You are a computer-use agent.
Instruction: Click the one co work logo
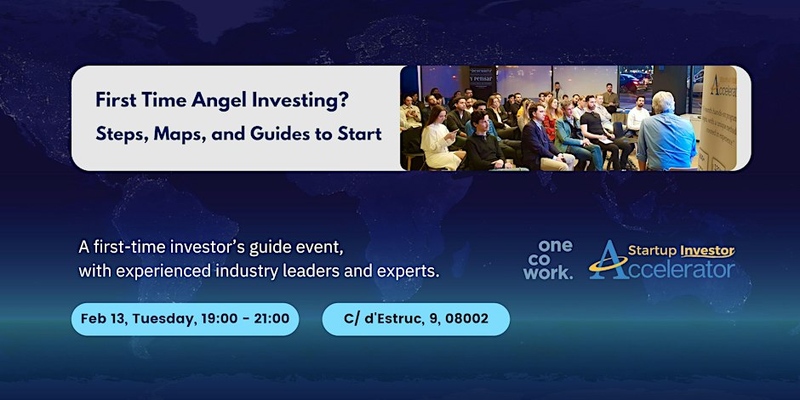pyautogui.click(x=548, y=260)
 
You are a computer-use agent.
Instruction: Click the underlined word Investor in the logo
pyautogui.click(x=707, y=251)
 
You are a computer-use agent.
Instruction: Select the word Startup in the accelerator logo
pyautogui.click(x=653, y=251)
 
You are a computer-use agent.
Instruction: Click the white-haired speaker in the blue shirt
pyautogui.click(x=665, y=132)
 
